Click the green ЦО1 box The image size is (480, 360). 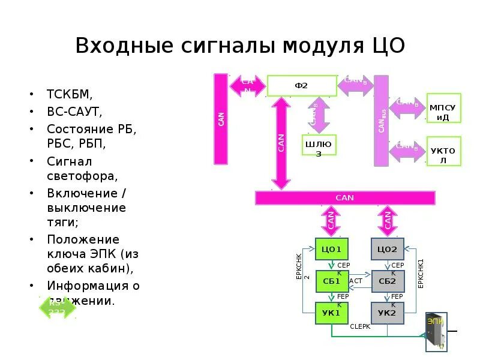pyautogui.click(x=331, y=249)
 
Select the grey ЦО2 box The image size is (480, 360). pyautogui.click(x=387, y=249)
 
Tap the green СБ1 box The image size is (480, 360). pyautogui.click(x=331, y=281)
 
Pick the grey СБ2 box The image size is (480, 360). pyautogui.click(x=387, y=281)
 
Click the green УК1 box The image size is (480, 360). pyautogui.click(x=331, y=312)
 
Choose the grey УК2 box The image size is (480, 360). pyautogui.click(x=387, y=312)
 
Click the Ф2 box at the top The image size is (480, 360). pyautogui.click(x=301, y=85)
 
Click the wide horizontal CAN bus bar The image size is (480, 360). pyautogui.click(x=345, y=198)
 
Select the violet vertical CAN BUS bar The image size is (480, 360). pyautogui.click(x=381, y=120)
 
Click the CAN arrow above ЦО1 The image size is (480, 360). pyautogui.click(x=331, y=221)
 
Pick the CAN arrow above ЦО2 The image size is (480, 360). pyautogui.click(x=388, y=221)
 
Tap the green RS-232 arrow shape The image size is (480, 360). pyautogui.click(x=58, y=308)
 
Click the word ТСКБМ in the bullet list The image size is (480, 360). pyautogui.click(x=70, y=94)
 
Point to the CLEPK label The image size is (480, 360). pyautogui.click(x=360, y=326)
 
